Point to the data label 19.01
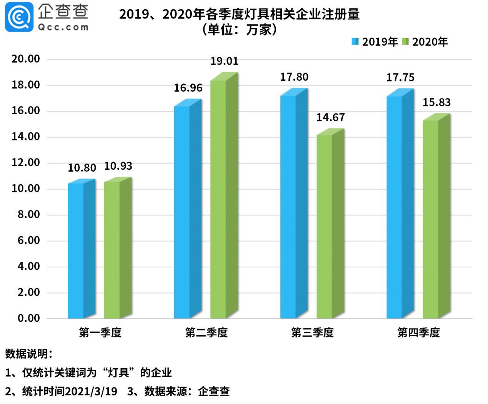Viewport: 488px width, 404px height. (x=224, y=61)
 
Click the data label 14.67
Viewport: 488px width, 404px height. (x=330, y=117)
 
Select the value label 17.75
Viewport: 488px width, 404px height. (x=400, y=77)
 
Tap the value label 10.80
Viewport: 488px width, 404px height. (x=82, y=168)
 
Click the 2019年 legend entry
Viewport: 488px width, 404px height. (x=375, y=42)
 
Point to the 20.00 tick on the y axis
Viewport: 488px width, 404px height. (x=26, y=59)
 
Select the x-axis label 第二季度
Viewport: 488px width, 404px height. (x=207, y=332)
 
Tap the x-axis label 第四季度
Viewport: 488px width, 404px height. (x=419, y=332)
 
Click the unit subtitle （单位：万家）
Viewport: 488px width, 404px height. (x=239, y=30)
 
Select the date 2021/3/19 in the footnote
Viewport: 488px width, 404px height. (x=91, y=391)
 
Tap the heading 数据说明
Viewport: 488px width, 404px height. (x=28, y=354)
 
